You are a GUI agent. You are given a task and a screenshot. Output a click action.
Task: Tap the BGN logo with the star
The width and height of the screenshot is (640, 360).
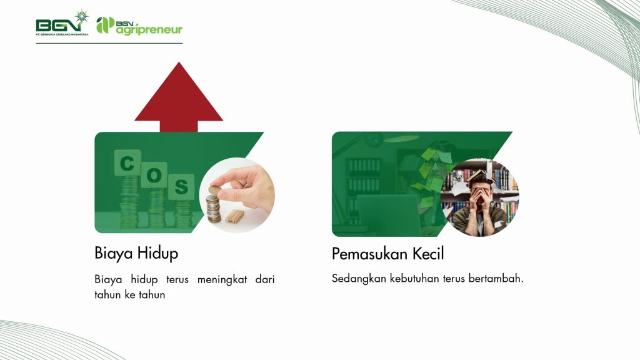62,23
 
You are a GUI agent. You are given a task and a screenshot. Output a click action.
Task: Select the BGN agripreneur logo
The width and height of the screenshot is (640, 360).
139,26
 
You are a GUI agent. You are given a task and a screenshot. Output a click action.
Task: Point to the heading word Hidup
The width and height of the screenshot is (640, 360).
157,254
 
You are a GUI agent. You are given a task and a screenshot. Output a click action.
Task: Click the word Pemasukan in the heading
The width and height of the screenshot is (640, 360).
369,254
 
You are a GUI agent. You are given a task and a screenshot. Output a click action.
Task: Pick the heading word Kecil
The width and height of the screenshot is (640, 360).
427,254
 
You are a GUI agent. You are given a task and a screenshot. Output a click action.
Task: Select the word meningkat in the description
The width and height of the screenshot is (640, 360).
222,280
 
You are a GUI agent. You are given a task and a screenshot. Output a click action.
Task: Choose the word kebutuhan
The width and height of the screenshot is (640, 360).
414,278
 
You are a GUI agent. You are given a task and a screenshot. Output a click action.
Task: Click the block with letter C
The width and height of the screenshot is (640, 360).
127,163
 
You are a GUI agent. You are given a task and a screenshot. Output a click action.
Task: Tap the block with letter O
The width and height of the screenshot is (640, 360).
154,175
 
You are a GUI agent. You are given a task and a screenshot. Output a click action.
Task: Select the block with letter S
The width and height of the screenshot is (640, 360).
181,186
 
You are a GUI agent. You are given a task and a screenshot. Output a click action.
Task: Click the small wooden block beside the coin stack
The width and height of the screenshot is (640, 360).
234,216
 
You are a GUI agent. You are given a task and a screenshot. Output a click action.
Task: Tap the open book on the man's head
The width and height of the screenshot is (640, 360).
480,176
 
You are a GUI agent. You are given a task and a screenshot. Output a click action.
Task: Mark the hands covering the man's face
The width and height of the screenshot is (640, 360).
480,199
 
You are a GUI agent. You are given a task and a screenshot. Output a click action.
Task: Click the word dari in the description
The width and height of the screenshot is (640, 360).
265,279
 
